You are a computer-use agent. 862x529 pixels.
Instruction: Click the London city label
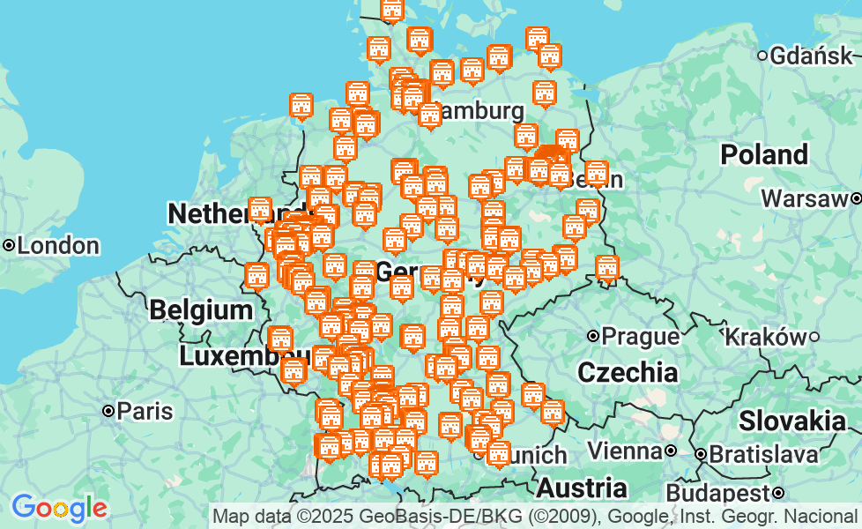click(57, 245)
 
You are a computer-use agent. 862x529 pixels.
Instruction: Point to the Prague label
click(641, 336)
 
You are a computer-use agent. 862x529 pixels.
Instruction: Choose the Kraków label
click(764, 336)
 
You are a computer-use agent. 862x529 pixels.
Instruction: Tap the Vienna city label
click(624, 451)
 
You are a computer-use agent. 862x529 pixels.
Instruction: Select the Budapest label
click(718, 492)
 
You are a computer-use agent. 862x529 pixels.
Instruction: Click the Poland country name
click(764, 154)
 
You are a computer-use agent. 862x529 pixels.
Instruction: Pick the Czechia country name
click(628, 371)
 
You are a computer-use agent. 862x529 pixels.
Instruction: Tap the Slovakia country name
click(791, 421)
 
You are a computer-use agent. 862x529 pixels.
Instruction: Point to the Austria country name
click(582, 488)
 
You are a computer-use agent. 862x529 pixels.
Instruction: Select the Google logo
click(59, 509)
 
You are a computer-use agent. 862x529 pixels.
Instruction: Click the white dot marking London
click(9, 245)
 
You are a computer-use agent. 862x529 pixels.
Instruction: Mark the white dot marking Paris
click(108, 411)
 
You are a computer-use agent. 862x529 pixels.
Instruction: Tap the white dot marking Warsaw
click(856, 198)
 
